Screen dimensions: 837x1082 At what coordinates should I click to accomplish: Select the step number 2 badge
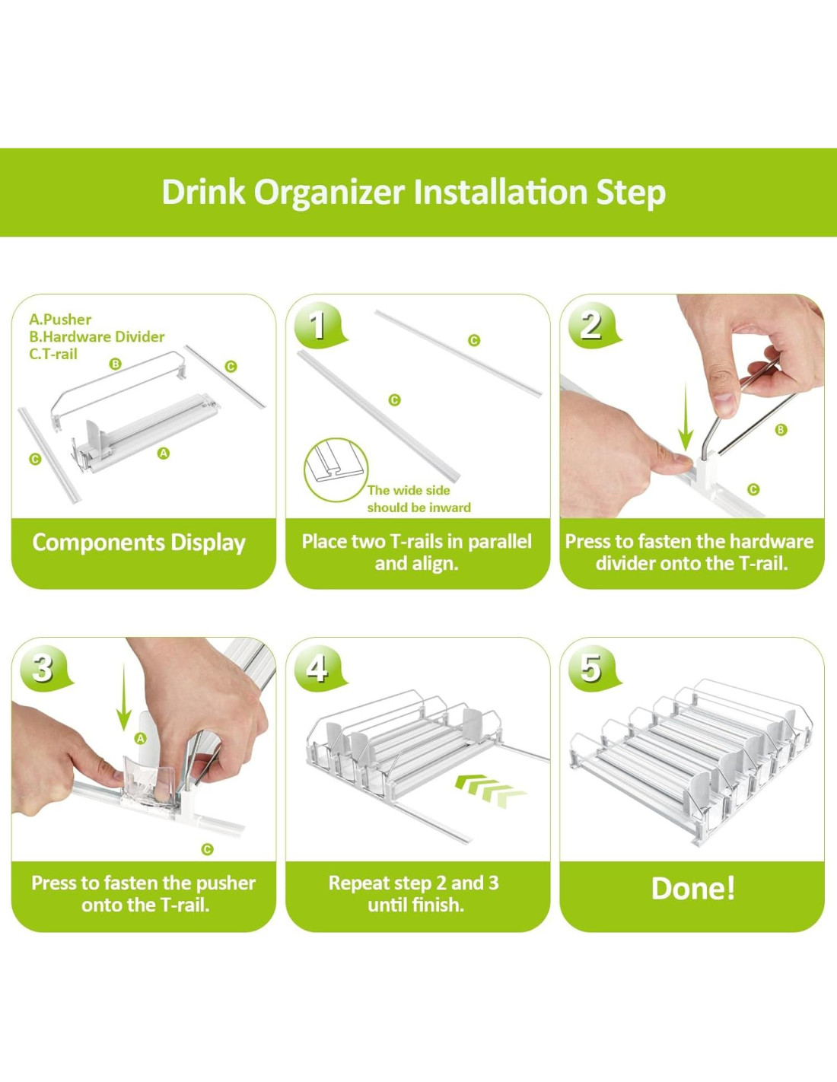(593, 325)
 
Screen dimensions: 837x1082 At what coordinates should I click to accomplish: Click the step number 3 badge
(44, 668)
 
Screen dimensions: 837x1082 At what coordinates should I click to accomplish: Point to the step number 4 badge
(319, 668)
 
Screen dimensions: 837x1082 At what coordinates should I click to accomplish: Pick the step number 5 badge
(593, 668)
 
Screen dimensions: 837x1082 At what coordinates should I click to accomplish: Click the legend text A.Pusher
(60, 319)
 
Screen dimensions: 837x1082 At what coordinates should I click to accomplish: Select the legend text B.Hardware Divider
(97, 336)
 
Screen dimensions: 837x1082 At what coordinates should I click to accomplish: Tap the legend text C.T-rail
(53, 354)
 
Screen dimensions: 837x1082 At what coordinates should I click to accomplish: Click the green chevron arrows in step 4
(491, 789)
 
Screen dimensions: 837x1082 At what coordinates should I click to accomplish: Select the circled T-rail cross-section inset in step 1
(336, 469)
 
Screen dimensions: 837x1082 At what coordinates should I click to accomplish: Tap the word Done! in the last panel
(692, 889)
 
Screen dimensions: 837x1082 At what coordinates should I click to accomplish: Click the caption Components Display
(139, 543)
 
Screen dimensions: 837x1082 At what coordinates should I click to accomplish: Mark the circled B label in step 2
(781, 430)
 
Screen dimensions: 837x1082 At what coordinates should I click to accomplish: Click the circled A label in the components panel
(164, 453)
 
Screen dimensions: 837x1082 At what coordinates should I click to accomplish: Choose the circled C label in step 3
(208, 849)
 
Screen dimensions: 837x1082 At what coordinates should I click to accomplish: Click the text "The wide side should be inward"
(418, 499)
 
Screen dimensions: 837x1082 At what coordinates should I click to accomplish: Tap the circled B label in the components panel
(116, 364)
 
